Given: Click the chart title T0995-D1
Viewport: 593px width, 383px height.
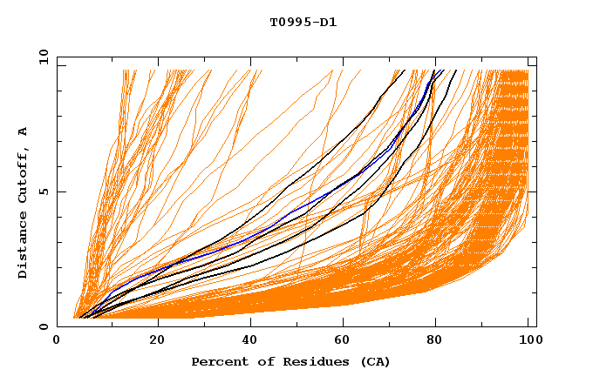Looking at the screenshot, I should point(303,23).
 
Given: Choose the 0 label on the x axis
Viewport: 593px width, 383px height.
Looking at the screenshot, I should point(57,340).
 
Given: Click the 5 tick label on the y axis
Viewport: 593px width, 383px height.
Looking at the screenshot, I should point(42,191).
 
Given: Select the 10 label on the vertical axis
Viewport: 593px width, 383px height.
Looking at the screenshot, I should point(40,57).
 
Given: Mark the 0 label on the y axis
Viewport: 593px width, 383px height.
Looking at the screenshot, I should point(42,326).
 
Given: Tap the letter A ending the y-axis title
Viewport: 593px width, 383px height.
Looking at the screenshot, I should point(24,131).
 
